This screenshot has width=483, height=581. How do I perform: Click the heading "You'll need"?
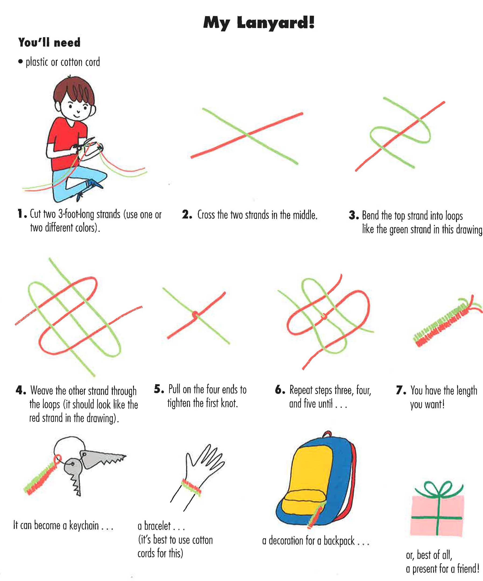pos(49,43)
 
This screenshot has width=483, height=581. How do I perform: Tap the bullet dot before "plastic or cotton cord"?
pos(21,61)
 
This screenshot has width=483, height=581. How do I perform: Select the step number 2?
pos(187,215)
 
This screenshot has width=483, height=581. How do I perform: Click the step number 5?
pos(159,389)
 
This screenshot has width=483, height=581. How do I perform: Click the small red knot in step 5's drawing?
pos(195,315)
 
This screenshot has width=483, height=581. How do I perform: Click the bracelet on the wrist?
pos(191,487)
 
